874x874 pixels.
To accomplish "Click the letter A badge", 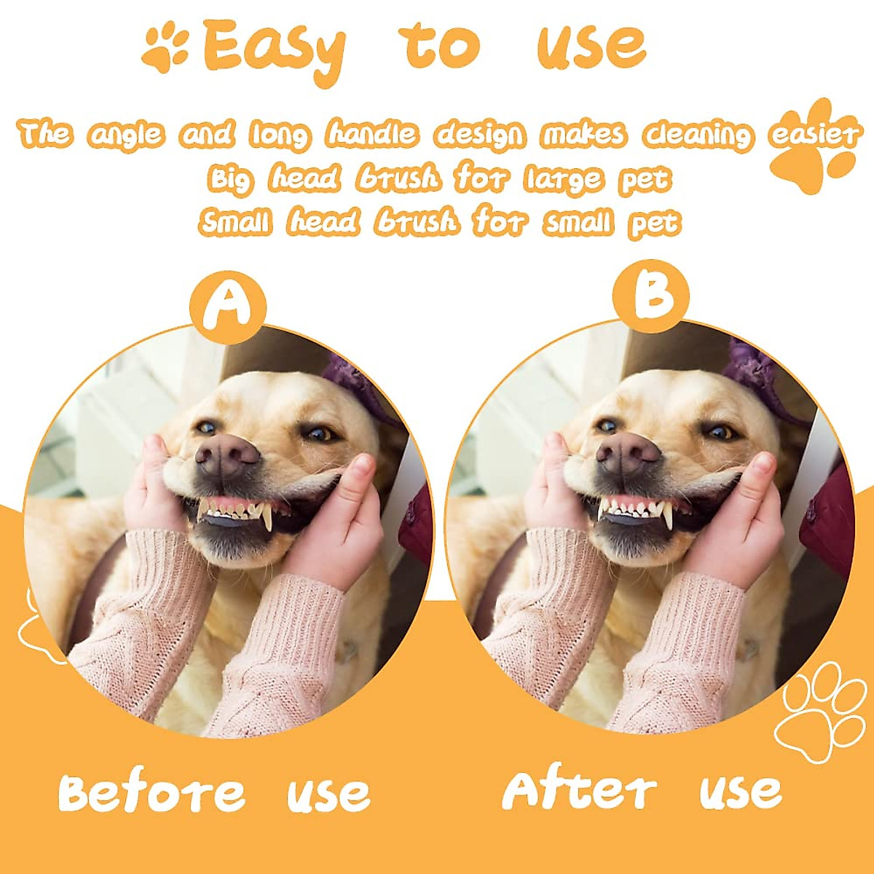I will (x=228, y=307).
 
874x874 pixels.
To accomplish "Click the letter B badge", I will (x=650, y=295).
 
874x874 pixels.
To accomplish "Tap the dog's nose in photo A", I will (x=227, y=456).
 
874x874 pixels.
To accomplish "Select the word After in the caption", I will (x=579, y=790).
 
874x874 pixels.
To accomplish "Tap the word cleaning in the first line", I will (x=697, y=135).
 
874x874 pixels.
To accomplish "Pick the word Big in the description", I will (x=231, y=179).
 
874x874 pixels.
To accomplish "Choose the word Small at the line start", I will (x=235, y=222).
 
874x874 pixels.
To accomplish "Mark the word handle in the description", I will (x=372, y=134).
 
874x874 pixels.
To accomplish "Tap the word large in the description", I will (x=563, y=179).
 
